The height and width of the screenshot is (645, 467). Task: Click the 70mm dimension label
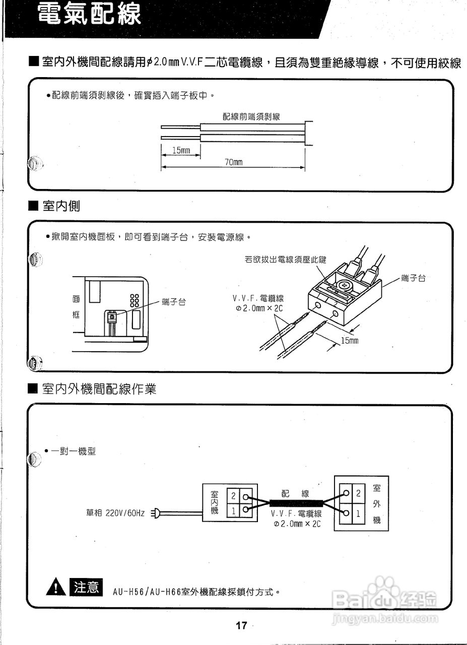233,162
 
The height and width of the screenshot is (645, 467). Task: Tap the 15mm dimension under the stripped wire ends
181,151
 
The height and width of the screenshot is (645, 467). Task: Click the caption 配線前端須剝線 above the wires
251,116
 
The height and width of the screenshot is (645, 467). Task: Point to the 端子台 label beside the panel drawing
174,302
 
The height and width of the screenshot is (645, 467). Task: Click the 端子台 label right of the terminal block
413,278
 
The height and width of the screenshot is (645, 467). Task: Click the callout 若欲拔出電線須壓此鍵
286,260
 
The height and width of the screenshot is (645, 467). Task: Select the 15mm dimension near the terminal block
350,341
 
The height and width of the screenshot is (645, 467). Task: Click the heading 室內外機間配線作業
99,389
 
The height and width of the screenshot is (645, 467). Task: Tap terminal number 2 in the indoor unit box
234,496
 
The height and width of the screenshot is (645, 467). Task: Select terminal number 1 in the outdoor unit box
358,514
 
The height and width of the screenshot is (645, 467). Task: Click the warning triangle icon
55,588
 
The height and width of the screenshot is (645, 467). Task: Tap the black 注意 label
88,588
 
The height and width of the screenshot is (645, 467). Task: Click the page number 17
241,625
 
